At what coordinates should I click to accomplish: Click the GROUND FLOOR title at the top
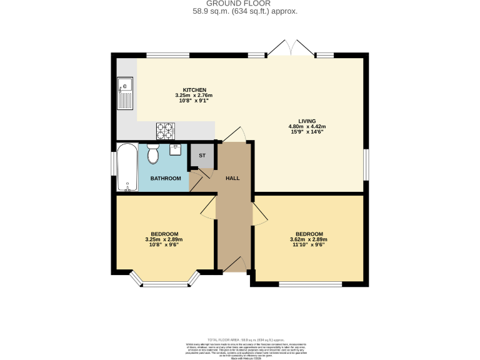coord(239,4)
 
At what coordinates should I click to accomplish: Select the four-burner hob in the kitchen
coord(166,130)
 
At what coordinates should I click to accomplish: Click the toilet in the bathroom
coord(154,152)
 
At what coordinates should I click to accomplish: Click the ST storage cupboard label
coord(202,156)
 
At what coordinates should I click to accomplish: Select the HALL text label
coord(232,178)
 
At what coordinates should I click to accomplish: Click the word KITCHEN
coord(194,90)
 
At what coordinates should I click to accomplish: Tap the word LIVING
coord(307,121)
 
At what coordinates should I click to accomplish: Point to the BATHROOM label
coord(166,179)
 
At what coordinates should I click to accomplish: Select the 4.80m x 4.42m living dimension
coord(307,127)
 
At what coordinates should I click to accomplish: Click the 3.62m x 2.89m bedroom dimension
coord(309,239)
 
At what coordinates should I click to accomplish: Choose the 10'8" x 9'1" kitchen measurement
coord(194,101)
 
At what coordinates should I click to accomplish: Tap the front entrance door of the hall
coord(234,265)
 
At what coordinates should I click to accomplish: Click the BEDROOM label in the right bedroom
coord(309,234)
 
